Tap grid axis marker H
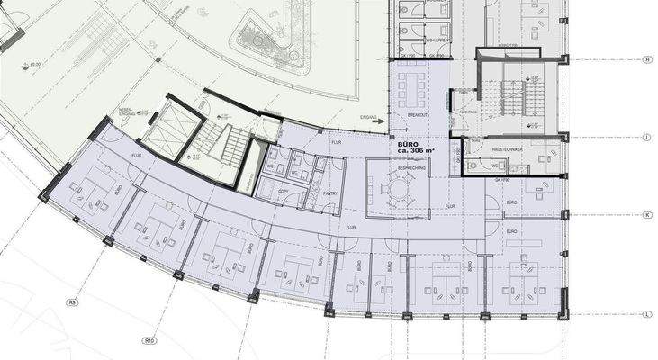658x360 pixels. point(646,60)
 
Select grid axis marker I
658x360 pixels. point(646,137)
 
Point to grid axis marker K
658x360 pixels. point(646,216)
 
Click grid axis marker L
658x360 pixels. point(646,314)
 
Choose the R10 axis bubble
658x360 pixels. point(150,340)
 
